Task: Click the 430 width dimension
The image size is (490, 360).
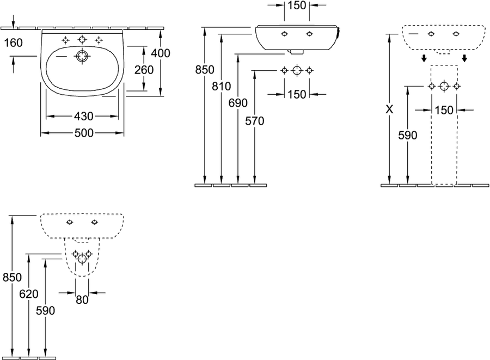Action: pyautogui.click(x=84, y=116)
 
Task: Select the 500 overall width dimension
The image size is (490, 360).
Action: pyautogui.click(x=84, y=133)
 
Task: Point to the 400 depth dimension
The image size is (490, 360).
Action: pyautogui.click(x=161, y=53)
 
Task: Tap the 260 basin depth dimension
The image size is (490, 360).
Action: pyautogui.click(x=144, y=70)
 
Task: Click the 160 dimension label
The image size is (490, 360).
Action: pyautogui.click(x=14, y=43)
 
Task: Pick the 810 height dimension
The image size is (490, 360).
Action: pyautogui.click(x=221, y=86)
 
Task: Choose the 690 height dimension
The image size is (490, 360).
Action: pyautogui.click(x=238, y=103)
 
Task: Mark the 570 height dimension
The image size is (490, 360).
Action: pyautogui.click(x=255, y=121)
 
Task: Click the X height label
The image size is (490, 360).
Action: pyautogui.click(x=389, y=109)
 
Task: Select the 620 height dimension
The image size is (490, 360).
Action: pyautogui.click(x=29, y=294)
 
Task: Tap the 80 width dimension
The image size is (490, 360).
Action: pyautogui.click(x=82, y=300)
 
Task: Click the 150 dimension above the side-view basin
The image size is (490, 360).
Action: pyautogui.click(x=297, y=5)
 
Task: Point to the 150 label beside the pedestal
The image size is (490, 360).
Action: pyautogui.click(x=444, y=110)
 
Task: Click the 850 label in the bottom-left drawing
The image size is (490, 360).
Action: pyautogui.click(x=12, y=277)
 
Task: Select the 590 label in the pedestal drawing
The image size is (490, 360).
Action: pyautogui.click(x=407, y=135)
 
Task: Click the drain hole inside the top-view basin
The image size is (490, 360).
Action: pyautogui.click(x=82, y=57)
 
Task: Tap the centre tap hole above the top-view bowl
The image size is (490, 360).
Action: pyautogui.click(x=82, y=40)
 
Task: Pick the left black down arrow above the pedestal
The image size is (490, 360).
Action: pyautogui.click(x=424, y=58)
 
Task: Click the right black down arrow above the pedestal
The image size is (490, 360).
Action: pyautogui.click(x=464, y=58)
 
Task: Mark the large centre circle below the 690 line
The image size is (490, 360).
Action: pyautogui.click(x=297, y=70)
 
